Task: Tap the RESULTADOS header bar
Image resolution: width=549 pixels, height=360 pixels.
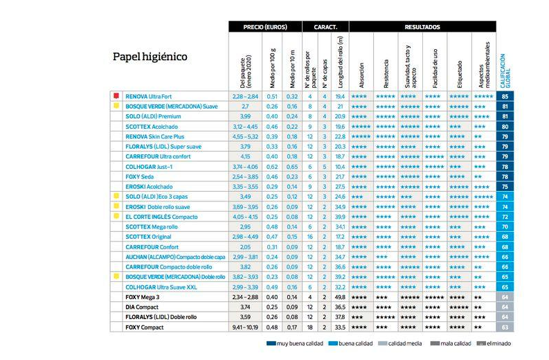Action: coord(422,27)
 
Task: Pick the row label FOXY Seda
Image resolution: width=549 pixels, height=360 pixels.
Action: coord(139,177)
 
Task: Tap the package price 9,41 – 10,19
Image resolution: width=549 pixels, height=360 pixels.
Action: coord(246,327)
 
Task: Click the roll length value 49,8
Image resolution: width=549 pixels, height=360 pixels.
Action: coord(339,297)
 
